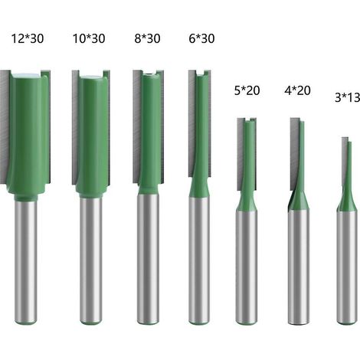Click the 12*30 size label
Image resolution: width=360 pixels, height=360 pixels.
28,38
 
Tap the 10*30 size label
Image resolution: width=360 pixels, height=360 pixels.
89,38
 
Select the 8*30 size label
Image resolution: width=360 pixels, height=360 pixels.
147,38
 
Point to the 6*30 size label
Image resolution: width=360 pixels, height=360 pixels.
201,38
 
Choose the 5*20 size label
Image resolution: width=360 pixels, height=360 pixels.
247,90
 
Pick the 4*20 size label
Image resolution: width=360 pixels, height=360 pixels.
297,90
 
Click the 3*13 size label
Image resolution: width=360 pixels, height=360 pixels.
347,97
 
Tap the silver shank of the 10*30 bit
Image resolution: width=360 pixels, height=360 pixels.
91,260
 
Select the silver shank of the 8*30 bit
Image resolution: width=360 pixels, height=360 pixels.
148,259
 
